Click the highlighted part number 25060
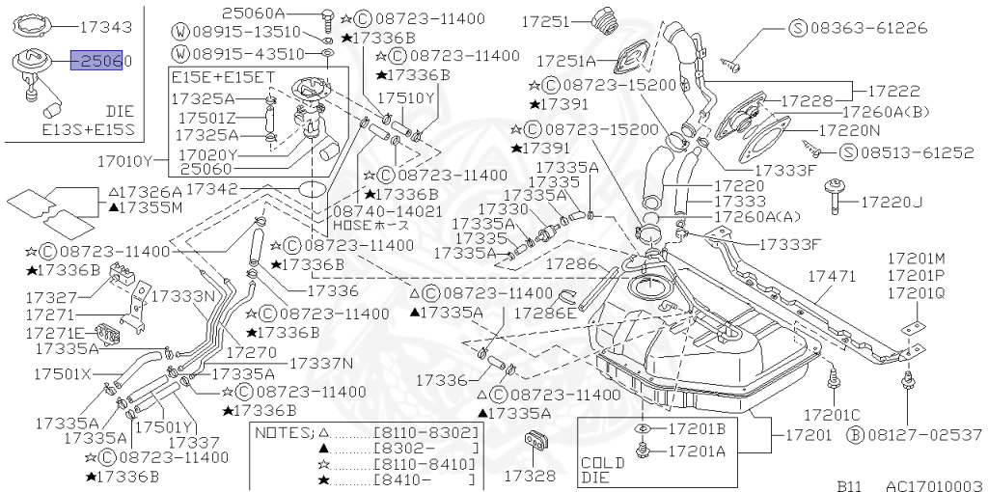pos(101,61)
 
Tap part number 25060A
pos(254,13)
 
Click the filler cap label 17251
pos(548,19)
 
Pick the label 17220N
pos(849,128)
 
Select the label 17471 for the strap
pos(831,277)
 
